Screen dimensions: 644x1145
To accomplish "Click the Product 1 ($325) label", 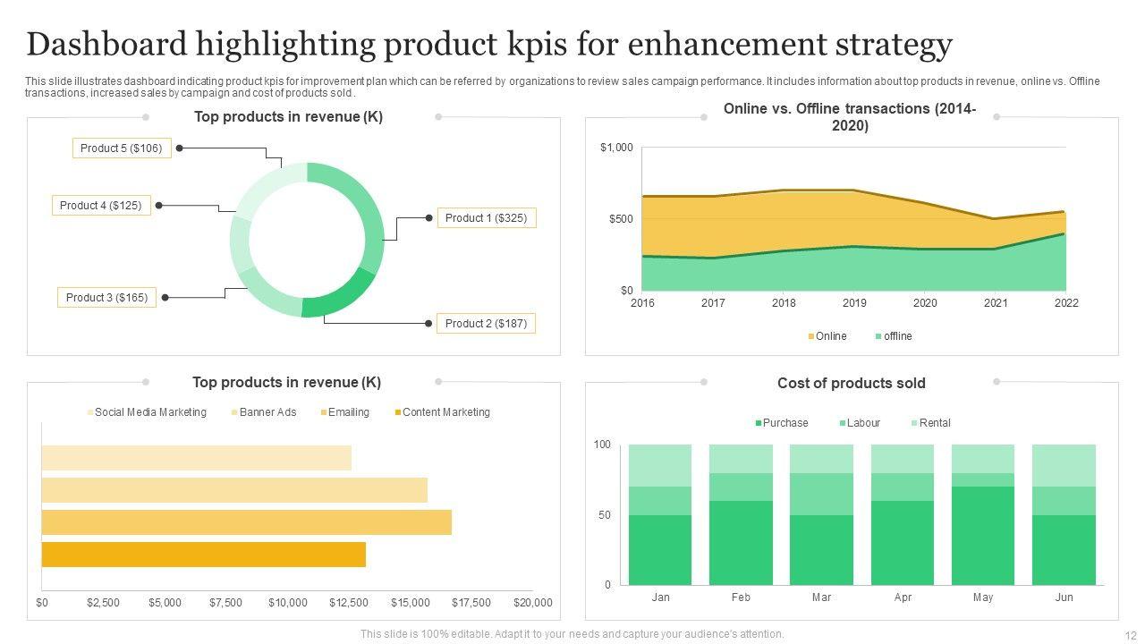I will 486,217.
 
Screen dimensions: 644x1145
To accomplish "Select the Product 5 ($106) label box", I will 122,148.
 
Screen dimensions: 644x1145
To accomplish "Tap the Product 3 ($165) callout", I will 106,297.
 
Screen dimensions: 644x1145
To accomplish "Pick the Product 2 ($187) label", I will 486,323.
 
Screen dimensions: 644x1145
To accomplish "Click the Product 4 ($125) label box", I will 100,206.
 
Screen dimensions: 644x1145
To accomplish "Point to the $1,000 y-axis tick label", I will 616,148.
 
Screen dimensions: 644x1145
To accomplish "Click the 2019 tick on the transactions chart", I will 854,303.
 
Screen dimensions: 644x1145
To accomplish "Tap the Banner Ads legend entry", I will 264,412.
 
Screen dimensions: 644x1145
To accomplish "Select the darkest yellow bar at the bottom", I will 204,555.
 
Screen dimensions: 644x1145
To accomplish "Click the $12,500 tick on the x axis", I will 349,603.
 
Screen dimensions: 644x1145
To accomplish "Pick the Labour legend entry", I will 860,423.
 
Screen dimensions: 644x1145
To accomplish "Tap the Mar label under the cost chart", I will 821,597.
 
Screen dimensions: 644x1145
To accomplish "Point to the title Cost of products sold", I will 851,383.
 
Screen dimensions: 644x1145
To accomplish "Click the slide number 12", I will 1129,634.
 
